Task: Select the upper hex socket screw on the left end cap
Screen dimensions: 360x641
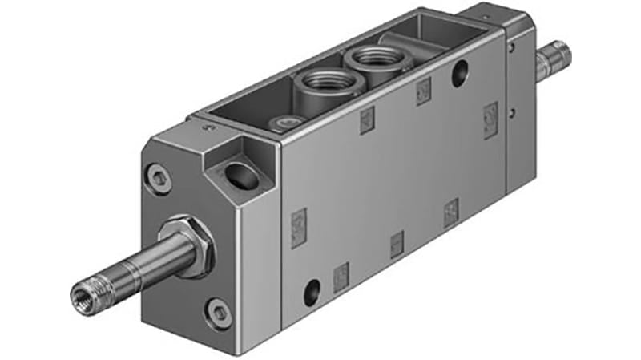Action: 159,178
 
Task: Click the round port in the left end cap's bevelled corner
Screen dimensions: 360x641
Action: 241,175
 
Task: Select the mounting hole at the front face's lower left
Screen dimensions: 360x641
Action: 312,289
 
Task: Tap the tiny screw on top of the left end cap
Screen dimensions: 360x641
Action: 210,126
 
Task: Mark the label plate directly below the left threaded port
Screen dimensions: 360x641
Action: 367,120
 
